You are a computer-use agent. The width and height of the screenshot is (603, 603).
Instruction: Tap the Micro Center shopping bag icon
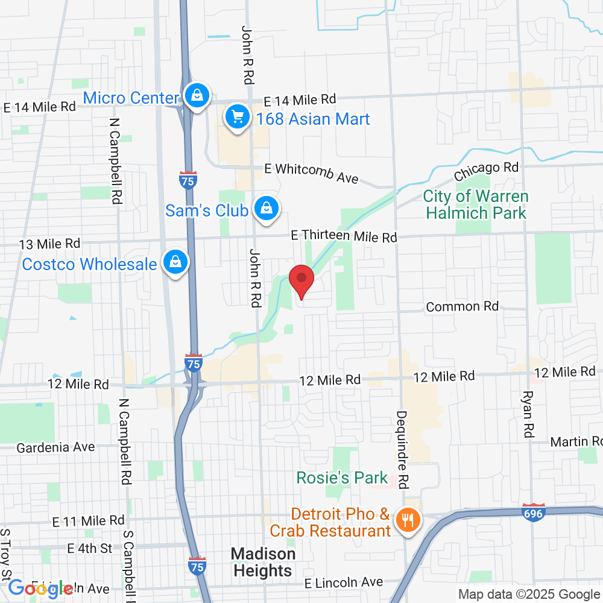197,96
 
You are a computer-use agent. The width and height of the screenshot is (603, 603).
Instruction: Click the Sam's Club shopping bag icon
265,209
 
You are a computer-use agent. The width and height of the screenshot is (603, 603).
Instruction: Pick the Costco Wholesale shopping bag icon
175,263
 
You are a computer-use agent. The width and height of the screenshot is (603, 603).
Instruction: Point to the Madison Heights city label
263,562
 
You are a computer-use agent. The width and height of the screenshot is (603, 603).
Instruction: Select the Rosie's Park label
342,478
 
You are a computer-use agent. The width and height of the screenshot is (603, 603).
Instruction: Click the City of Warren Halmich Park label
476,204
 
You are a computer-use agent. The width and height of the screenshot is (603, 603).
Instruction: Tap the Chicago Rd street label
486,171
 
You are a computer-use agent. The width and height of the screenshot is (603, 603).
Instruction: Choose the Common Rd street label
462,306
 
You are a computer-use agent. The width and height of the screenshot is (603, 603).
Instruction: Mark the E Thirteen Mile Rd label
344,236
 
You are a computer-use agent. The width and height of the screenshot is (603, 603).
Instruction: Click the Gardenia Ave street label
55,447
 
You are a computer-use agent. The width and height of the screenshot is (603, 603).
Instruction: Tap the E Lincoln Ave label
343,582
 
